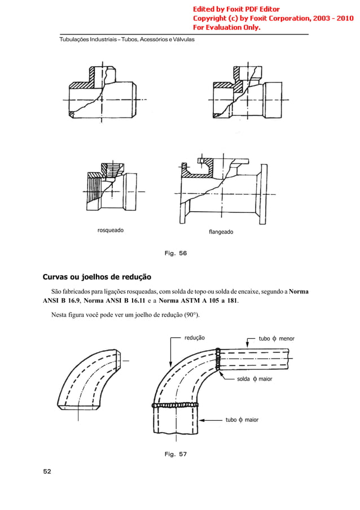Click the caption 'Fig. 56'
175,254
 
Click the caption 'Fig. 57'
175,454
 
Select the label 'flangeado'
221,232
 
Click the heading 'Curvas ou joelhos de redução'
97,277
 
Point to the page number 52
47,470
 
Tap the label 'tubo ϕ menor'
276,339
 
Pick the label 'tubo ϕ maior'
242,420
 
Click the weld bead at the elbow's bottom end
176,405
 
